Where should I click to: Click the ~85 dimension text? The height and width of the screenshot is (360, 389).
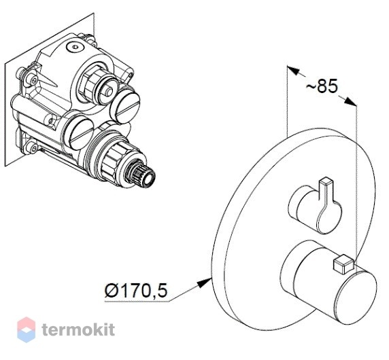click(322, 86)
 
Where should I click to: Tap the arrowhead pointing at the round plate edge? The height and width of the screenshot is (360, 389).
click(205, 283)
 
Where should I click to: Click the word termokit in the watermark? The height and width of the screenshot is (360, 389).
click(78, 329)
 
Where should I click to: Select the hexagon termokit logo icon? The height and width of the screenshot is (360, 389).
click(26, 329)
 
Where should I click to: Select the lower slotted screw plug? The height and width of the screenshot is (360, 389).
click(81, 133)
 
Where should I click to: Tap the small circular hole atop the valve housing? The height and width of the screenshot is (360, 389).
click(74, 46)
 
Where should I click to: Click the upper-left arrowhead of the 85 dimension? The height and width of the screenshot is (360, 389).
click(292, 70)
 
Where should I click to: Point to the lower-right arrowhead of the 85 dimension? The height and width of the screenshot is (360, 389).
click(351, 102)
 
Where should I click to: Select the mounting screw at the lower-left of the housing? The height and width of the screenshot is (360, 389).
click(33, 147)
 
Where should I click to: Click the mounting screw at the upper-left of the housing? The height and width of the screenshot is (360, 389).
click(33, 80)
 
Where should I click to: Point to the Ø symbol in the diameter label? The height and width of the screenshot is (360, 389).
click(111, 291)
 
